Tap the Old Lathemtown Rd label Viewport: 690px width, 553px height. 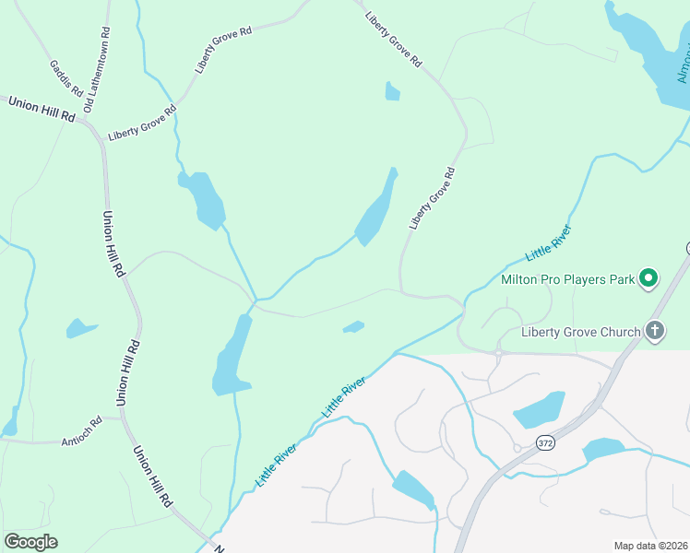click(x=96, y=70)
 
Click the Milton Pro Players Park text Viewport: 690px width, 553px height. click(x=567, y=278)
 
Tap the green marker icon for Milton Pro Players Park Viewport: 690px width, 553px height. click(x=648, y=277)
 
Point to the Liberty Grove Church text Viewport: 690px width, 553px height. click(x=580, y=332)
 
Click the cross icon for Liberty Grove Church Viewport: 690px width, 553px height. click(x=654, y=330)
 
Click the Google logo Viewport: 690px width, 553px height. click(x=30, y=542)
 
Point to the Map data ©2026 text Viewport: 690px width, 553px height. click(x=650, y=546)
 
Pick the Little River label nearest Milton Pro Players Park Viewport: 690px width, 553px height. click(x=549, y=241)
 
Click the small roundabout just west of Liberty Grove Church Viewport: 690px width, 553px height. click(x=498, y=352)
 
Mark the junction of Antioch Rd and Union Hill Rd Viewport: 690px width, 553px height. click(x=121, y=418)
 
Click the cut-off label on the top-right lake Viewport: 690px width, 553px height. click(x=682, y=65)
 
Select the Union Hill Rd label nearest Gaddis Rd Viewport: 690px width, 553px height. click(x=42, y=108)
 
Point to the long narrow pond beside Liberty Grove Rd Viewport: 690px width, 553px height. click(x=377, y=208)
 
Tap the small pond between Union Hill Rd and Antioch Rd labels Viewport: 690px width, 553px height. click(x=80, y=327)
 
